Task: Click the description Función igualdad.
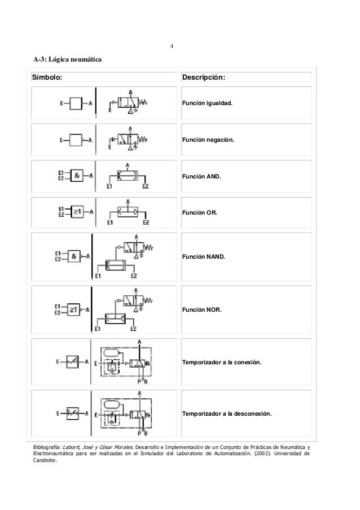click(207, 104)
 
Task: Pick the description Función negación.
click(207, 139)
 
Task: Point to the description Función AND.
click(201, 176)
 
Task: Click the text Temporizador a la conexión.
click(221, 361)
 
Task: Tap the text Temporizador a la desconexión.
click(226, 414)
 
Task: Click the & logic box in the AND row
click(76, 176)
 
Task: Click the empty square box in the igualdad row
click(77, 103)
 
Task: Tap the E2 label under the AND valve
click(146, 186)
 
